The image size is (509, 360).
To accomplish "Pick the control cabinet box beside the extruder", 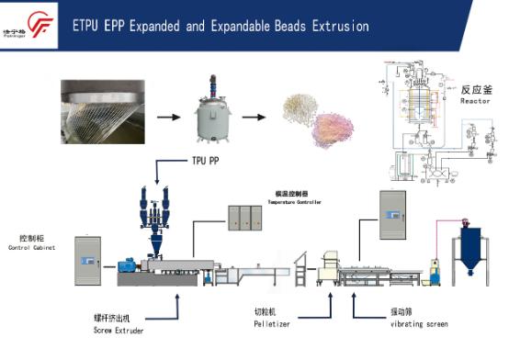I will [87, 258].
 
